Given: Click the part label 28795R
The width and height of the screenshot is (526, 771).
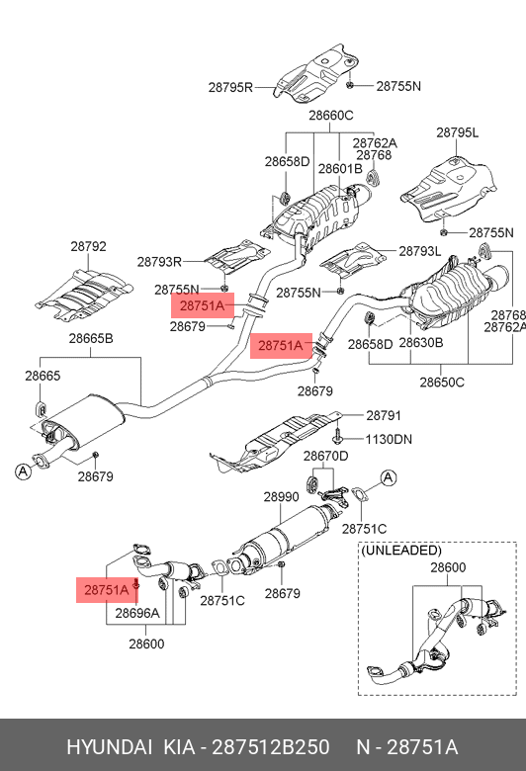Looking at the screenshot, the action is pyautogui.click(x=230, y=87).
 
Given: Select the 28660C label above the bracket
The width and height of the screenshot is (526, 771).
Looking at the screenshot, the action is pyautogui.click(x=331, y=115).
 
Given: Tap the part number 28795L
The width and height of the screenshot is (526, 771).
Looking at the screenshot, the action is pyautogui.click(x=457, y=132).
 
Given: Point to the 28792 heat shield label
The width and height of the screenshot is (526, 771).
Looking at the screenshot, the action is pyautogui.click(x=88, y=246).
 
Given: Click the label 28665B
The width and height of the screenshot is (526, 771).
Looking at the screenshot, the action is pyautogui.click(x=91, y=338).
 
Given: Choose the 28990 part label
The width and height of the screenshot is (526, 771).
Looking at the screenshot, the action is pyautogui.click(x=281, y=496).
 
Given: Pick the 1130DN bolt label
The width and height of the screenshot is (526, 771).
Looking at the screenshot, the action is pyautogui.click(x=389, y=439).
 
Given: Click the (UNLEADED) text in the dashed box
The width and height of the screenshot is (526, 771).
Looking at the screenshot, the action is pyautogui.click(x=401, y=551).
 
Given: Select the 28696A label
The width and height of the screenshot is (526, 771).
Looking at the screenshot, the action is pyautogui.click(x=137, y=613).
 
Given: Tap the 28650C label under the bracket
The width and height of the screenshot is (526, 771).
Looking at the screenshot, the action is pyautogui.click(x=442, y=383).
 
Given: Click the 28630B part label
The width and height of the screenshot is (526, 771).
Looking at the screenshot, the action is pyautogui.click(x=421, y=343).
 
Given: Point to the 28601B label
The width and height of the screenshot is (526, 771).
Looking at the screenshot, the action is pyautogui.click(x=340, y=169).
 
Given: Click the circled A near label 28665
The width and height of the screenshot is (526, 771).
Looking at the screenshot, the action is pyautogui.click(x=23, y=472).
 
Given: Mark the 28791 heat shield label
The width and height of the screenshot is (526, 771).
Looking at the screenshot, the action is pyautogui.click(x=384, y=415).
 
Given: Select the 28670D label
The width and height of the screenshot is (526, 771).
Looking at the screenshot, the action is pyautogui.click(x=325, y=456).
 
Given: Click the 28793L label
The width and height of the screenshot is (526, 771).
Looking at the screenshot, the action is pyautogui.click(x=420, y=251).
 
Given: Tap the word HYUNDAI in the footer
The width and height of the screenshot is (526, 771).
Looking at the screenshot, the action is pyautogui.click(x=109, y=747).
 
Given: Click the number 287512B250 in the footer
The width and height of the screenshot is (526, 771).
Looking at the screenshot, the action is pyautogui.click(x=271, y=747).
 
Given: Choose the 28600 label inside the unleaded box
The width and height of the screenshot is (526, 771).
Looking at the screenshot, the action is pyautogui.click(x=448, y=567).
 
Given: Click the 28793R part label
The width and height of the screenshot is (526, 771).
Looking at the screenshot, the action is pyautogui.click(x=159, y=262).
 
